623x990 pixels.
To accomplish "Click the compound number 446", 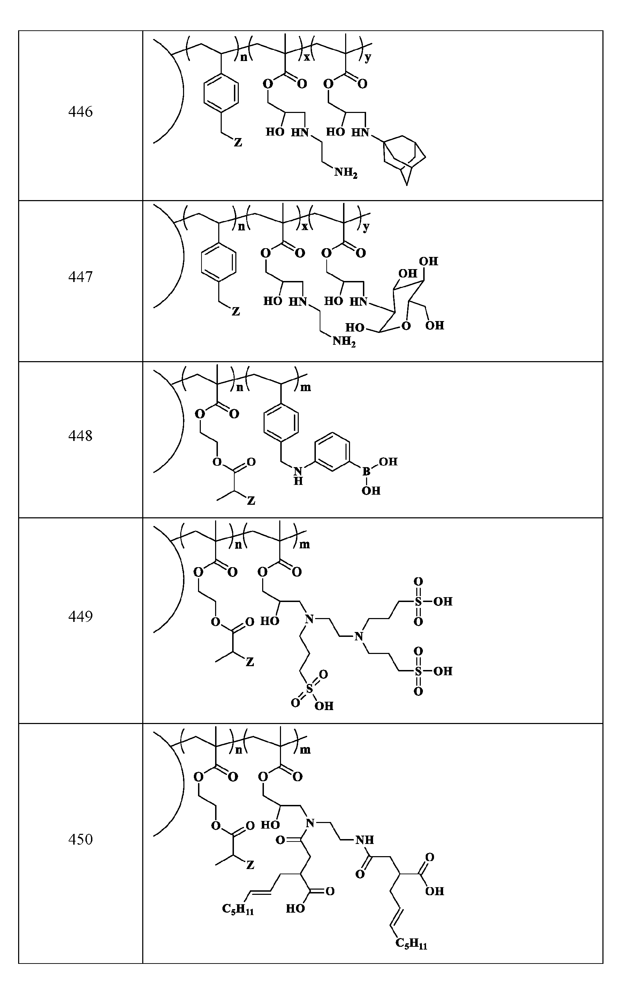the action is pos(80,112).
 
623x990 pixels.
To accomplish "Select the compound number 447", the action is pos(80,277).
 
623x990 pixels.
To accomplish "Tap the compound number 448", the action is pos(80,436).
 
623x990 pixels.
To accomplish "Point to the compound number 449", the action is pos(80,616).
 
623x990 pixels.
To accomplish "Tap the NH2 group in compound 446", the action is pos(345,173).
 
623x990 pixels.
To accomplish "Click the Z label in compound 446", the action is pos(238,143).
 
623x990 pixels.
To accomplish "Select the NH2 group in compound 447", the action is pos(344,341).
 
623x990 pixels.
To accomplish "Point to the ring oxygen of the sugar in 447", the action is pos(406,326).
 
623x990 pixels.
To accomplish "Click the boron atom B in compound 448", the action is pos(366,472).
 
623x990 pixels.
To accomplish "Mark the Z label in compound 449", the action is pos(250,662).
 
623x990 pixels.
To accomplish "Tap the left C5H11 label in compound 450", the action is pos(238,908).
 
